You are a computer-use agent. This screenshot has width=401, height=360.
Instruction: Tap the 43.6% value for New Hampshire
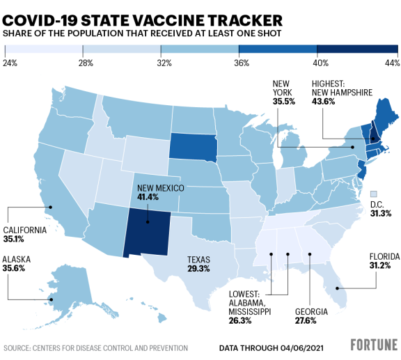click(x=324, y=101)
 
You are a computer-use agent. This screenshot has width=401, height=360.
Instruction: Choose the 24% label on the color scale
click(x=10, y=63)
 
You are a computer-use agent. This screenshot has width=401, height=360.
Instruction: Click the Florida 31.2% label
click(x=383, y=266)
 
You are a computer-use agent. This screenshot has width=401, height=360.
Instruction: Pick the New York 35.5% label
click(x=284, y=101)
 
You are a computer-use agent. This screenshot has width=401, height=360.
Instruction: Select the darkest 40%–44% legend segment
click(x=357, y=49)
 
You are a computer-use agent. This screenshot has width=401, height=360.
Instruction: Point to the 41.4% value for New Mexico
click(x=148, y=197)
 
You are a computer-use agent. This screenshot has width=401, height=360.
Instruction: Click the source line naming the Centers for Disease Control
click(x=95, y=347)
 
